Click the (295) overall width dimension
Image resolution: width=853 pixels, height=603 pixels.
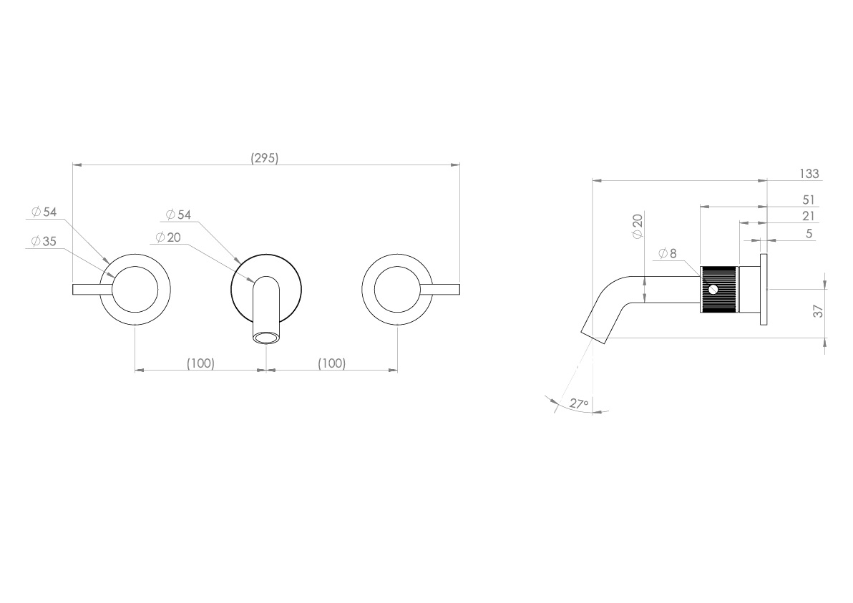264,158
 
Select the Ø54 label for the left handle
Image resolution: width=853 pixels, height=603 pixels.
44,212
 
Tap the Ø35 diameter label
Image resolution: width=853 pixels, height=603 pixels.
44,241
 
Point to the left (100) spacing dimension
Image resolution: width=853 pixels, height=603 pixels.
200,363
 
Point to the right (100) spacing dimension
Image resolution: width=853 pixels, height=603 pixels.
331,363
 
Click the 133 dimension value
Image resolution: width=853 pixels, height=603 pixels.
809,174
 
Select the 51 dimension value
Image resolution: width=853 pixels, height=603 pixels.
809,199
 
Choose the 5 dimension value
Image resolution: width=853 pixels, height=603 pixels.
809,233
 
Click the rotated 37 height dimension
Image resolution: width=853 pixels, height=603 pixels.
819,310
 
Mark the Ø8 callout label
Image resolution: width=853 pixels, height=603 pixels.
667,253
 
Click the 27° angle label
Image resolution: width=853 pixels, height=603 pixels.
579,403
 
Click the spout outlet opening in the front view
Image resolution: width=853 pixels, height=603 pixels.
265,337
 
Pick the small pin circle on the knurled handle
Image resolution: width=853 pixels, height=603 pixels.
712,290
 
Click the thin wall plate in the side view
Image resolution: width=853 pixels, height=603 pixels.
764,289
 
